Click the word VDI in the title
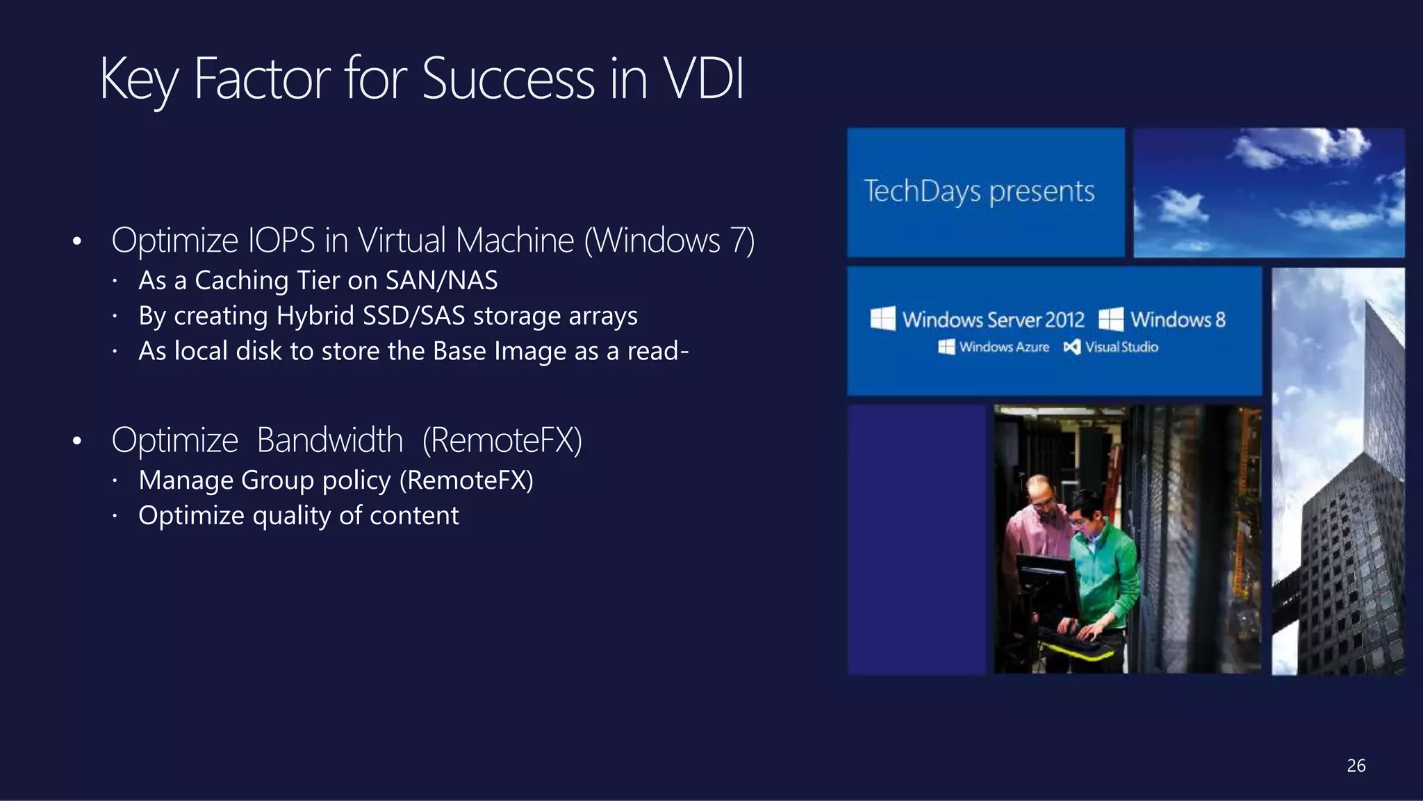tap(703, 79)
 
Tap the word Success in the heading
tap(508, 79)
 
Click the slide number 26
tap(1356, 766)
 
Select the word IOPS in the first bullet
tap(281, 241)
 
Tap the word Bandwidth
tap(329, 440)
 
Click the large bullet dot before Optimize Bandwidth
tap(77, 442)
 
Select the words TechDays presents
tap(979, 191)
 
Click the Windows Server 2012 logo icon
tap(882, 319)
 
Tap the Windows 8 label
tap(1178, 320)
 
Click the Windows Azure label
tap(1003, 347)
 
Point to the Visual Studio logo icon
tap(1071, 347)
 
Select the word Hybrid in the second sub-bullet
tap(315, 316)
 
